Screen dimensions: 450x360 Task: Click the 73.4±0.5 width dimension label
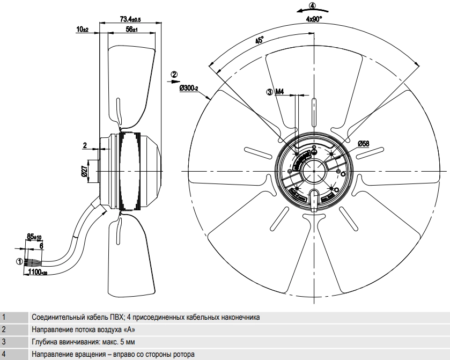coord(130,19)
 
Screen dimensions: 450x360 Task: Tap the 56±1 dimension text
coord(132,30)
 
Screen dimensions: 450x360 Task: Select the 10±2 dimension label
coord(83,30)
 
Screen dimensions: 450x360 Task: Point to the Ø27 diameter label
coord(85,171)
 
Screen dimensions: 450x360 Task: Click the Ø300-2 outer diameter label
coord(189,88)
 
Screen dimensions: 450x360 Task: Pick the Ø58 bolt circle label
coord(363,144)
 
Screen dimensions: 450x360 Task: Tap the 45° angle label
coord(259,40)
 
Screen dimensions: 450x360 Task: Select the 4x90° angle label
coord(314,19)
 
